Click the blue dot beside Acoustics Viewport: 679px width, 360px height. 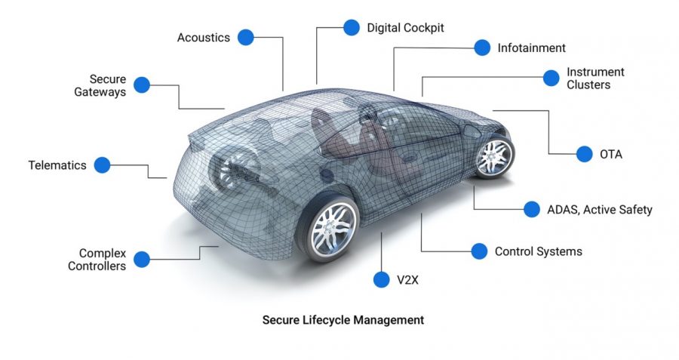point(245,37)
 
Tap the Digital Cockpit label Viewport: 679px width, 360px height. point(405,28)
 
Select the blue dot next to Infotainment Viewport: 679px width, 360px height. point(482,48)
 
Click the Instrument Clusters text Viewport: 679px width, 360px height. point(595,78)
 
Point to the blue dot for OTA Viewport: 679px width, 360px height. point(584,154)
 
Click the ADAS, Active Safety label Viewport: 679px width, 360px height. point(600,210)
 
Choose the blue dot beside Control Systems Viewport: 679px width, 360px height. point(479,251)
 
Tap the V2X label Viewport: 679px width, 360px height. point(407,280)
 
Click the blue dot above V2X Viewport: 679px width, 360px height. point(382,279)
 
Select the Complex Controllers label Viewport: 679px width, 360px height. point(97,260)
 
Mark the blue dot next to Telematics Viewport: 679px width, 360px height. point(102,165)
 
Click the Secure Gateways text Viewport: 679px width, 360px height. point(100,85)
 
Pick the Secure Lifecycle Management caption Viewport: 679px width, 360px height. point(343,320)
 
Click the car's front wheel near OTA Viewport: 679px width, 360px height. point(494,157)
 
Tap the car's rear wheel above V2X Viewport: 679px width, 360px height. point(332,228)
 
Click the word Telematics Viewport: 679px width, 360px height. point(57,165)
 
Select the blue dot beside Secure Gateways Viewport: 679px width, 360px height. point(142,85)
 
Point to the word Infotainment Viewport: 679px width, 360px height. point(531,48)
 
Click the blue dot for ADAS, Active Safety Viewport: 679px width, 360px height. point(532,209)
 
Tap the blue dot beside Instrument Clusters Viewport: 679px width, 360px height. point(551,78)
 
